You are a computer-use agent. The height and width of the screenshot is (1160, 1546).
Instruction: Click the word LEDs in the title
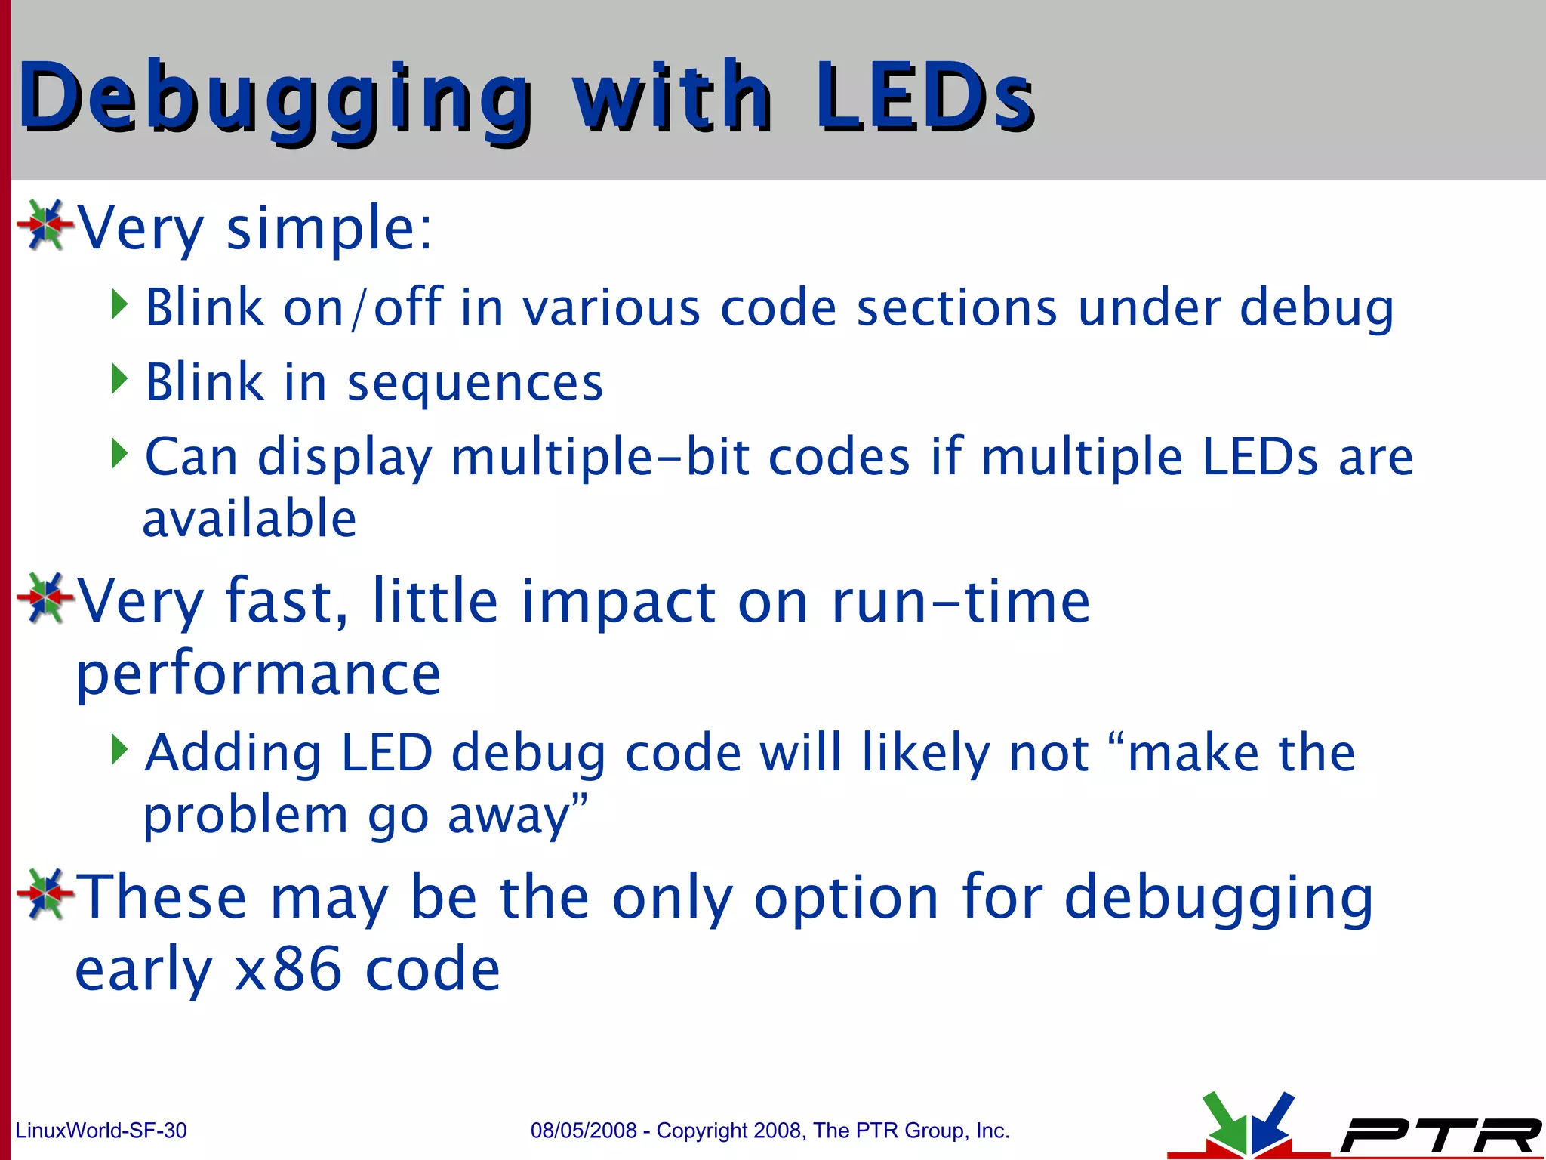(x=922, y=98)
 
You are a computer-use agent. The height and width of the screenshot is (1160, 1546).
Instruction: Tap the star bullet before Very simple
(x=45, y=224)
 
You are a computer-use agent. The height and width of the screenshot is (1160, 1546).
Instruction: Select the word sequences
(x=475, y=383)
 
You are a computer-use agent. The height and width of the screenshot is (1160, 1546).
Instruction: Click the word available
(x=249, y=520)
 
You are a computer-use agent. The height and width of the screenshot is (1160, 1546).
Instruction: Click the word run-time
(x=959, y=601)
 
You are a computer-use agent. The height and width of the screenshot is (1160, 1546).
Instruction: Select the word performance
(x=258, y=674)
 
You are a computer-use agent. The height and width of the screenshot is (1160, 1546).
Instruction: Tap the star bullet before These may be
(x=45, y=894)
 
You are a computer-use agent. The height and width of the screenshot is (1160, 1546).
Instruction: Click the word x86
(x=288, y=970)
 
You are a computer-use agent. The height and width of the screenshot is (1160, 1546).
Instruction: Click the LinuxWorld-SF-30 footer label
(x=101, y=1131)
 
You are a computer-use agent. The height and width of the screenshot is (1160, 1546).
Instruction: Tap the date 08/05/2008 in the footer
(x=584, y=1131)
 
